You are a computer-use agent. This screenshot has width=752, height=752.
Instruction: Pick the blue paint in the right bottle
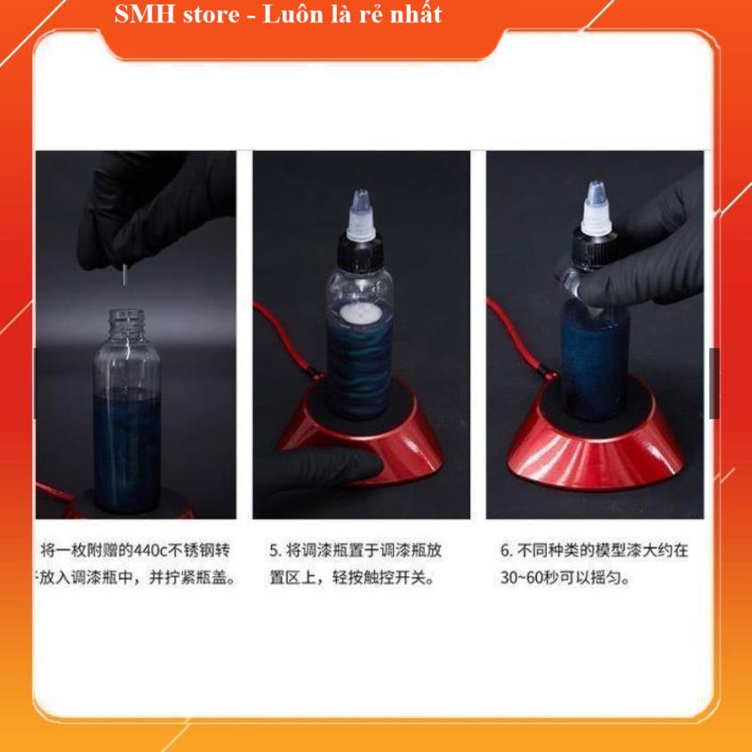click(594, 364)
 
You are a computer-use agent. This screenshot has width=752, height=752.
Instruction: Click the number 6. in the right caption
click(506, 550)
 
